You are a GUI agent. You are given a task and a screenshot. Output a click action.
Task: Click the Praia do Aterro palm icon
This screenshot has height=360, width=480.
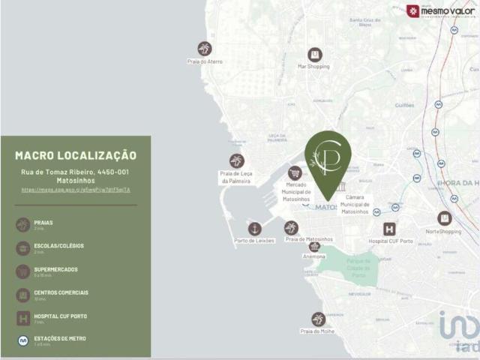[x=204, y=48]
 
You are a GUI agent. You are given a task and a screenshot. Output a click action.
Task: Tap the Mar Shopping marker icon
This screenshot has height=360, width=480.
[x=314, y=54]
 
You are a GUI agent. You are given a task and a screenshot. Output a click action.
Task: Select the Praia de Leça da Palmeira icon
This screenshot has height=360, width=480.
[x=236, y=160]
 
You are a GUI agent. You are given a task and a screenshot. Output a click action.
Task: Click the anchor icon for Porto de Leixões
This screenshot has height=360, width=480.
[x=255, y=228]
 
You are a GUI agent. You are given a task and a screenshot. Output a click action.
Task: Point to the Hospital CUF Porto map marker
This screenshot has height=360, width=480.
[x=389, y=229]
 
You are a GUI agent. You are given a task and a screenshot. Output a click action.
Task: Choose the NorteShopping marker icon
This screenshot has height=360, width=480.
[x=444, y=218]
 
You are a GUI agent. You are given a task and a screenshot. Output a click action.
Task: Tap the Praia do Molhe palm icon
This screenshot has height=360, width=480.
[x=318, y=319]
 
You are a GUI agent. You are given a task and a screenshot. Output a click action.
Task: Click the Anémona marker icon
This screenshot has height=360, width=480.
[x=314, y=246]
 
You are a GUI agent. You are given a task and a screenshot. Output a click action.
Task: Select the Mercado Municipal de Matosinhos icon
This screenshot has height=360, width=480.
[x=295, y=173]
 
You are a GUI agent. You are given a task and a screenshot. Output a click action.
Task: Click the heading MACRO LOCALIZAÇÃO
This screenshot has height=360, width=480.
[x=76, y=155]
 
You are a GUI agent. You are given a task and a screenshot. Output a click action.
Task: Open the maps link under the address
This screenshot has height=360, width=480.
[x=76, y=190]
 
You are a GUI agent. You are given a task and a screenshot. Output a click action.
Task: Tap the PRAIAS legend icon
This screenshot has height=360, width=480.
[x=23, y=224]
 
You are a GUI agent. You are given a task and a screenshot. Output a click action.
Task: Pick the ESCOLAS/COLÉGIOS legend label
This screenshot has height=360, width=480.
[x=59, y=245]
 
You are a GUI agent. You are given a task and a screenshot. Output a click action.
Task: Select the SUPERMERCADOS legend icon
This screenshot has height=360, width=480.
[x=23, y=271]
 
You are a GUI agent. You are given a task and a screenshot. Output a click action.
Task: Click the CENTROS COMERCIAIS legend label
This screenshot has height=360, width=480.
[x=61, y=292]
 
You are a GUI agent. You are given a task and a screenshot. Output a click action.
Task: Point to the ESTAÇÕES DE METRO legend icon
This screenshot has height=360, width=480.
[x=23, y=340]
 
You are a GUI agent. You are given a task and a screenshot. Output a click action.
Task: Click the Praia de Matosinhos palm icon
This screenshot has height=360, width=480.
[x=291, y=228]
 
